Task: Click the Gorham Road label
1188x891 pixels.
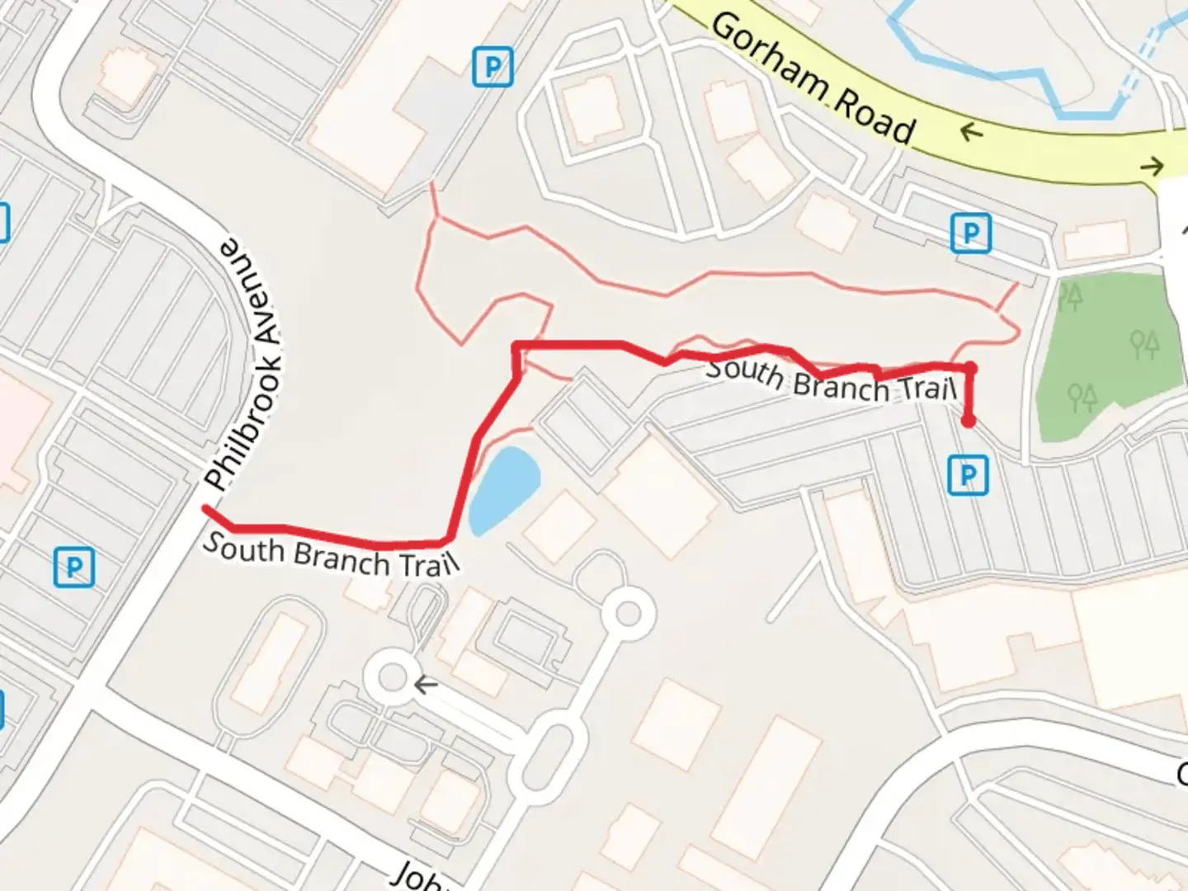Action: click(813, 78)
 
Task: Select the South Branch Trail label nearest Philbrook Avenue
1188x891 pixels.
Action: click(330, 554)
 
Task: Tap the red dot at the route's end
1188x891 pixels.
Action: click(969, 422)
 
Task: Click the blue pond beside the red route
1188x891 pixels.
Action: click(502, 488)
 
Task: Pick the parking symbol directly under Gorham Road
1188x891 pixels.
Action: click(970, 233)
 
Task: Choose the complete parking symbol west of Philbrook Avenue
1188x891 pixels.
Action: click(74, 568)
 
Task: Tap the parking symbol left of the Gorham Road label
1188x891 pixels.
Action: click(493, 66)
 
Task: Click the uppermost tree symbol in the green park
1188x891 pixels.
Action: click(1071, 295)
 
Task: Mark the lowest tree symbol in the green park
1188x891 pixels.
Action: click(1082, 397)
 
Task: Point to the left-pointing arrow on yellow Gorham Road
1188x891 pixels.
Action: click(973, 130)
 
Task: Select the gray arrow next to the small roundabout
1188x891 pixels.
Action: click(426, 684)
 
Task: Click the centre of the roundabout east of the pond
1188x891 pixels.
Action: click(629, 614)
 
